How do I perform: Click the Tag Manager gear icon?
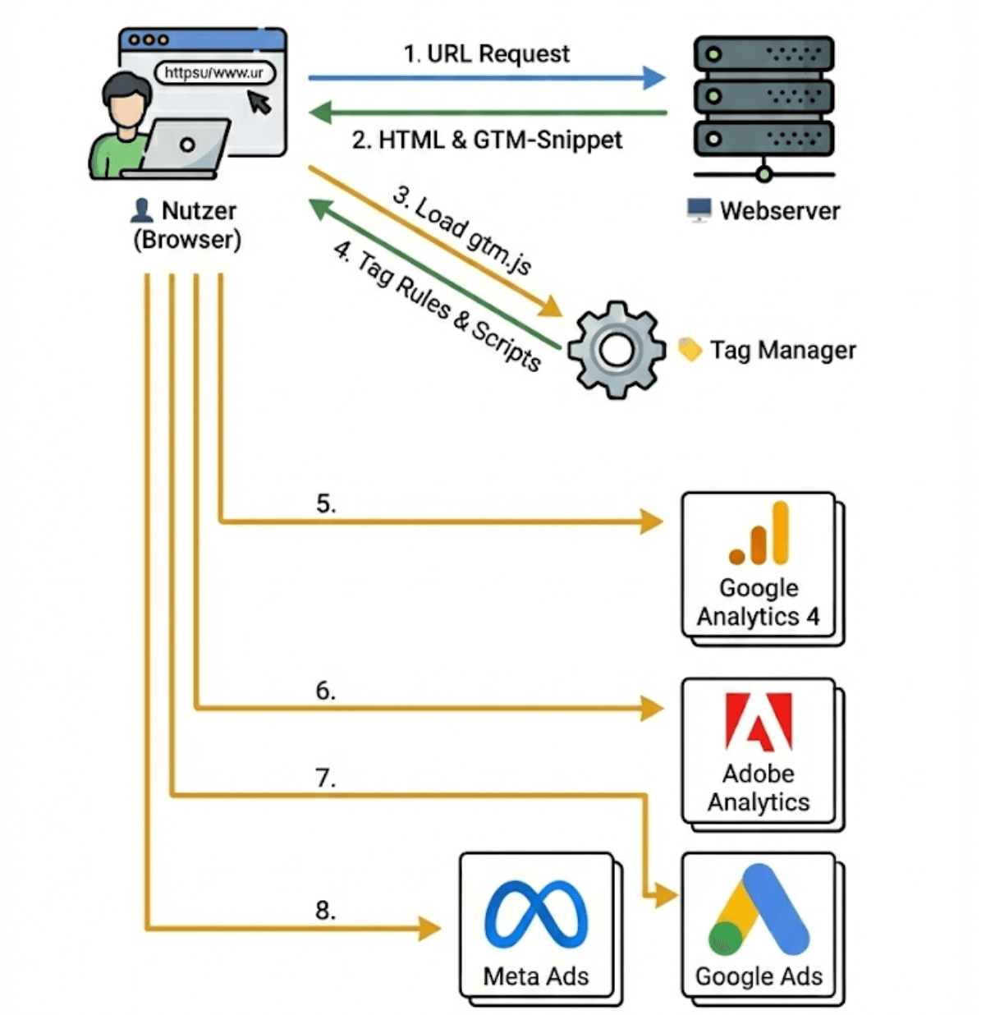pyautogui.click(x=616, y=350)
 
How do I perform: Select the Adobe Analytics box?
pyautogui.click(x=758, y=751)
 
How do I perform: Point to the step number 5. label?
pyautogui.click(x=326, y=503)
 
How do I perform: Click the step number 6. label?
pyautogui.click(x=326, y=691)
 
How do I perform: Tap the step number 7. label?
pyautogui.click(x=326, y=777)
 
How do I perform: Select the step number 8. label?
pyautogui.click(x=326, y=910)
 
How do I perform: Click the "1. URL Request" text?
pyautogui.click(x=486, y=54)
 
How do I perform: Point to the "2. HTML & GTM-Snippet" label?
pyautogui.click(x=487, y=140)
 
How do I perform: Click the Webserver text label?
pyautogui.click(x=780, y=211)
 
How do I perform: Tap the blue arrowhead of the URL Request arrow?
pyautogui.click(x=653, y=78)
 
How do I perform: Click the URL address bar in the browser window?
pyautogui.click(x=214, y=73)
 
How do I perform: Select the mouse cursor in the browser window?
pyautogui.click(x=259, y=102)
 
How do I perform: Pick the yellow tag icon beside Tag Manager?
pyautogui.click(x=690, y=350)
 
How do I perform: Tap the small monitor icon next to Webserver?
pyautogui.click(x=699, y=210)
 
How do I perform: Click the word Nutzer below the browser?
pyautogui.click(x=199, y=211)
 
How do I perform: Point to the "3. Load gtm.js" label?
pyautogui.click(x=462, y=231)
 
